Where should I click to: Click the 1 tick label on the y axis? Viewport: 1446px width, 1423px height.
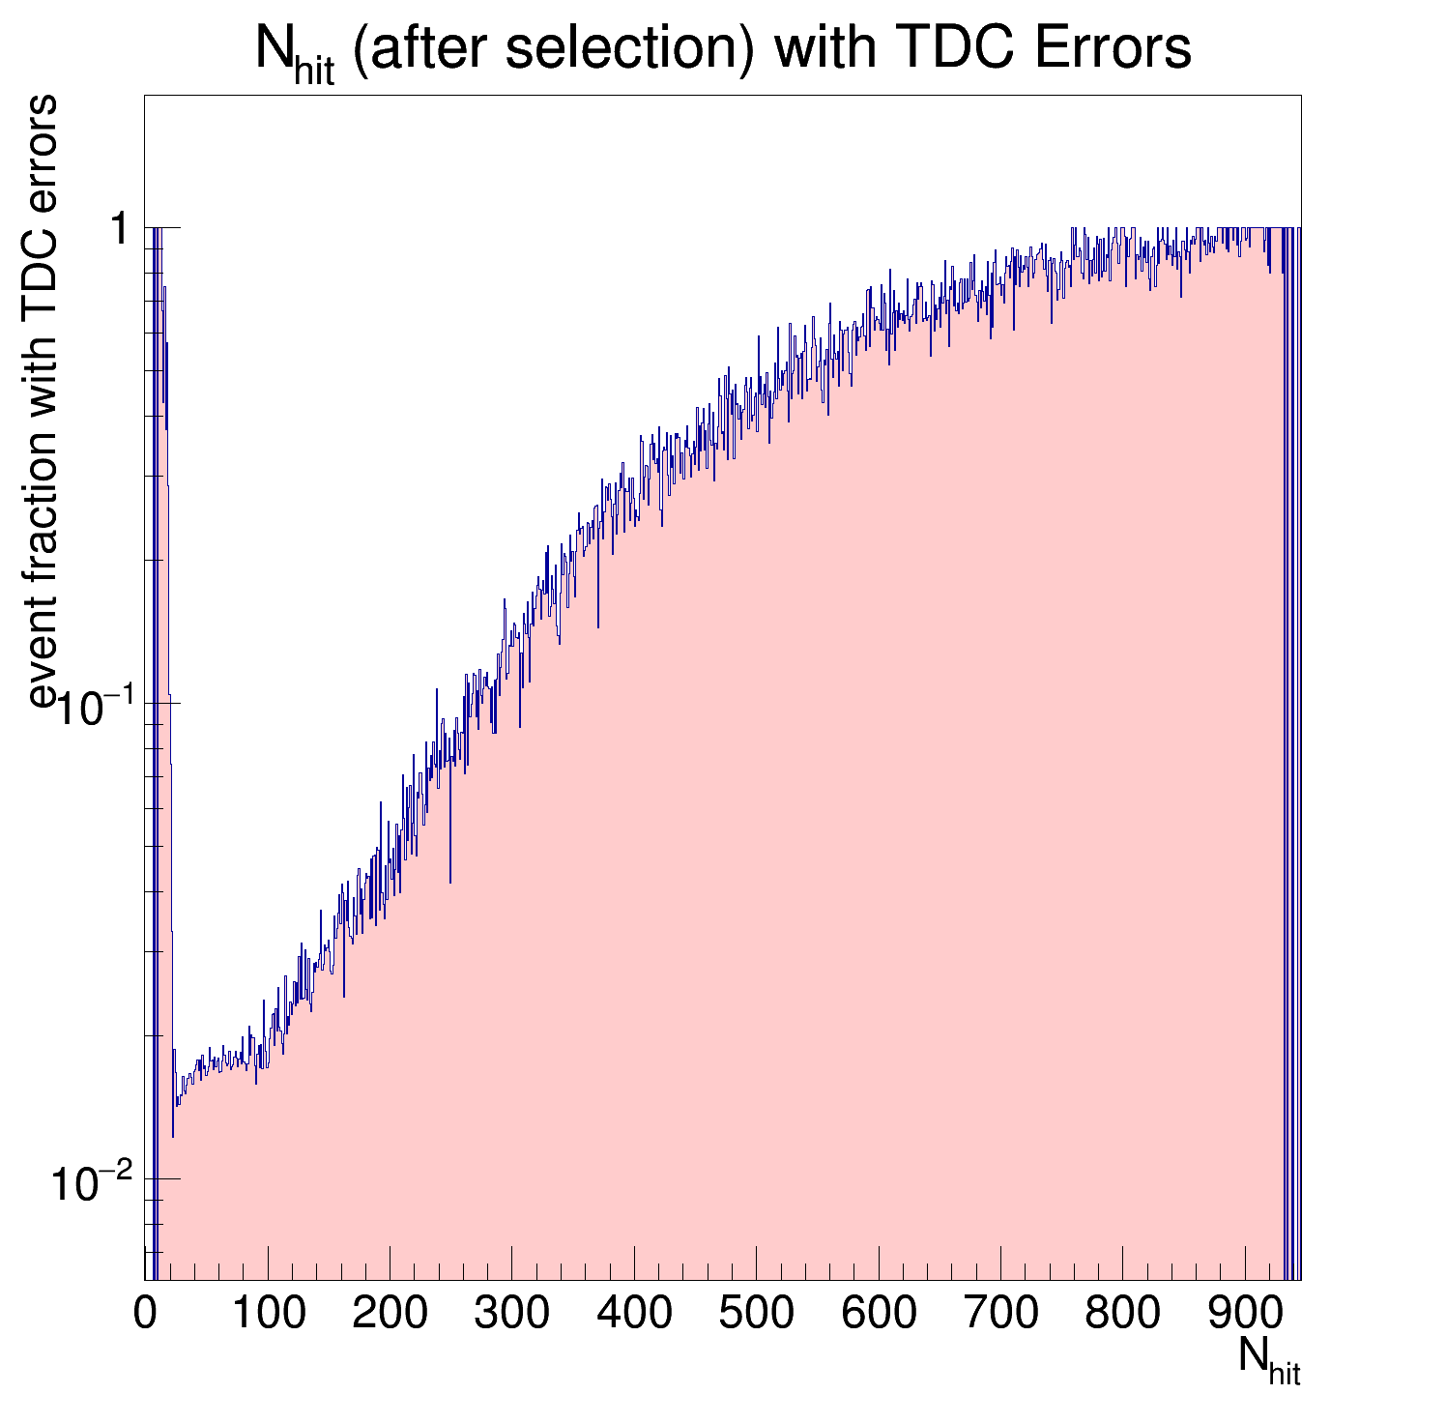tap(120, 230)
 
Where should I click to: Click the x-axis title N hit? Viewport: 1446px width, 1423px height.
tap(1268, 1358)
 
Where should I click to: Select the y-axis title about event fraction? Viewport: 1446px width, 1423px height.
tap(43, 401)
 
